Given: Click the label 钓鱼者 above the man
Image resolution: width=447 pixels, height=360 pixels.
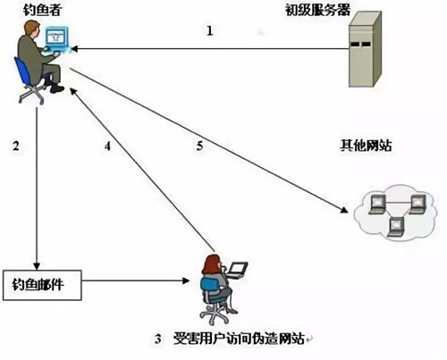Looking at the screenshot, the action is coord(42,10).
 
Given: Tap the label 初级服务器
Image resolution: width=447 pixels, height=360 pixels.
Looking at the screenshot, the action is coord(317,10).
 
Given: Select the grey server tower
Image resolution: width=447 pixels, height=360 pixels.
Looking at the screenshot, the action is coord(365,49).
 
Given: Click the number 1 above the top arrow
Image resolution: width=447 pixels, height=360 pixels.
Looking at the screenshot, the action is coord(210,30).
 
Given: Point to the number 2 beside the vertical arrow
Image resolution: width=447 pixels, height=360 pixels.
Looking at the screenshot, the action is coord(16,146).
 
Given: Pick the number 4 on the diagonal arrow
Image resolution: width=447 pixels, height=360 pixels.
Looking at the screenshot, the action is coord(107,146).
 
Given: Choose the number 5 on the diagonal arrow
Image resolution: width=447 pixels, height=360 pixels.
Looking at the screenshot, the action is coord(199,146).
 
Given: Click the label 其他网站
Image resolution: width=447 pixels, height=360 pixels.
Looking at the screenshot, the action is coord(366,146).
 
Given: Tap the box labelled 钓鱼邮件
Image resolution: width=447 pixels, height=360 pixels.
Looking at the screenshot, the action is coord(42,285).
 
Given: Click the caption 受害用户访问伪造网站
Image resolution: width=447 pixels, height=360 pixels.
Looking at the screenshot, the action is coord(239,339).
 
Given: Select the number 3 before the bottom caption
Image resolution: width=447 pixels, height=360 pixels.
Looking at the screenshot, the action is coord(157,339).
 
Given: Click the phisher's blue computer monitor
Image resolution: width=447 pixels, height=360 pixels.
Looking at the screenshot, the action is coord(56,38).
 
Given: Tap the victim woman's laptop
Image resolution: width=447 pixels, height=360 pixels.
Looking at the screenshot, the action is coord(237,270).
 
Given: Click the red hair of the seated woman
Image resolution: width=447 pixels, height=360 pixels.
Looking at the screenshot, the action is coord(210,264).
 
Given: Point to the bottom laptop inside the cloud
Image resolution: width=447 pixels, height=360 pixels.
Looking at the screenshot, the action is coord(397,227).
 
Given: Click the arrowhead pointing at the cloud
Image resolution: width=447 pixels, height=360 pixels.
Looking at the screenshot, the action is coord(344,210).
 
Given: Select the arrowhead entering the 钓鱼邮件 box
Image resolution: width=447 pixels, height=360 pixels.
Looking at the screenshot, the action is coord(37,266).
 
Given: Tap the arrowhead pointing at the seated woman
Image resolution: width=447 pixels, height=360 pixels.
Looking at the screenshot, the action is coord(186,280).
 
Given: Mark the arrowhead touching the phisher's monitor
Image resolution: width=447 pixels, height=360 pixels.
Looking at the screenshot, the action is coord(74,48).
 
